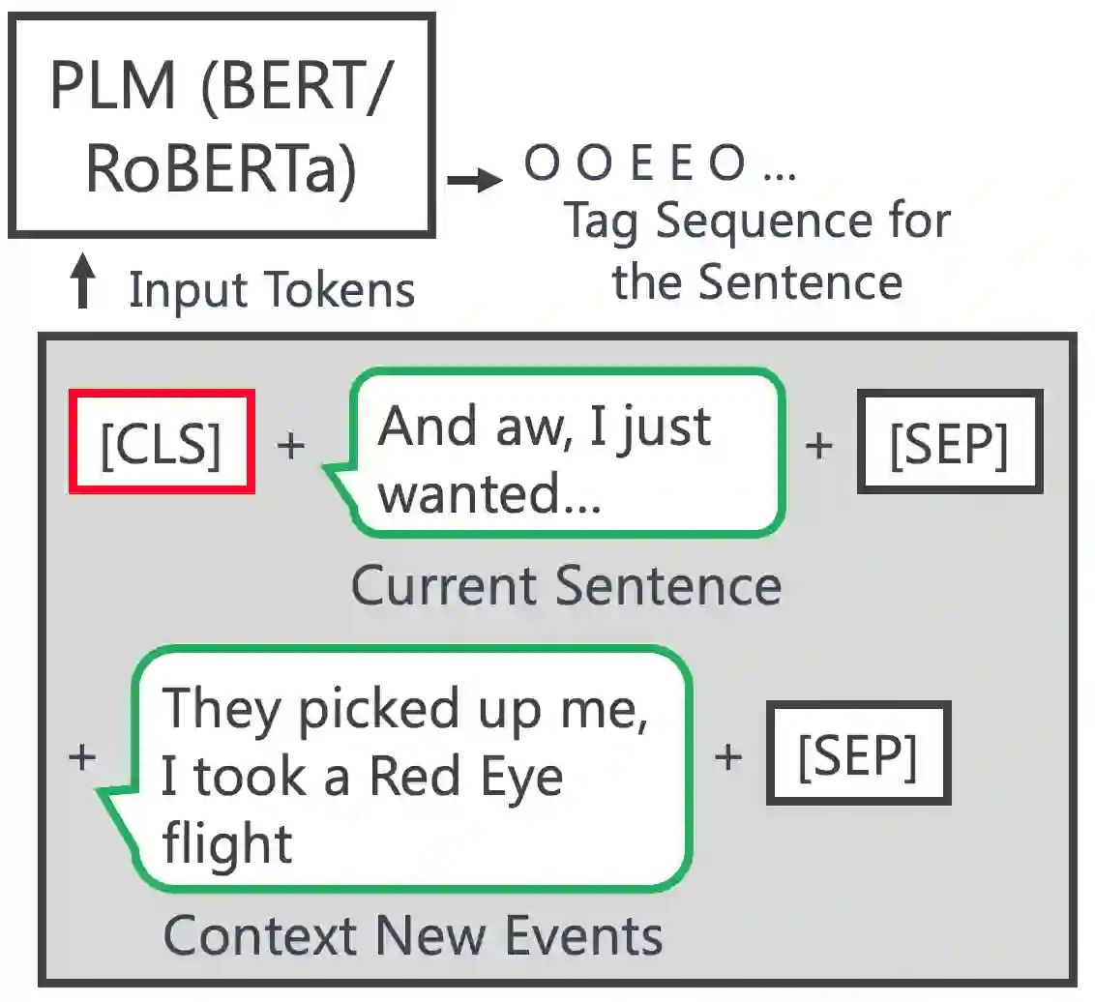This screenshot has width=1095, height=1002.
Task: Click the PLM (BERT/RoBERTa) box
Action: coord(222,125)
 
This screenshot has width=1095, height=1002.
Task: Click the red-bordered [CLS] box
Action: coord(161,442)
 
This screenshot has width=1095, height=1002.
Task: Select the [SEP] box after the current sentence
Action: coord(949,442)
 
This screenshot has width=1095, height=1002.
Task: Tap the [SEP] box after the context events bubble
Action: coord(858,753)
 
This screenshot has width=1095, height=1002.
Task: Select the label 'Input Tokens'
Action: coord(272,289)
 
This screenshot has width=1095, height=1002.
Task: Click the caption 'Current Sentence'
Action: coord(566,585)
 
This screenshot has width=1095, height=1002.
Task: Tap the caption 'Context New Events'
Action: coord(413,934)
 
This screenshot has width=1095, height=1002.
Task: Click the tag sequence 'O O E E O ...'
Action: coord(660,164)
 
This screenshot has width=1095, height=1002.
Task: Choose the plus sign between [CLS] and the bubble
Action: coord(290,445)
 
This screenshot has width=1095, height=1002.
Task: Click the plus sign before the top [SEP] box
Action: coord(818,445)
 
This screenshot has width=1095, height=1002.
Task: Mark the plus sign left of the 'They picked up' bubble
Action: coord(83,756)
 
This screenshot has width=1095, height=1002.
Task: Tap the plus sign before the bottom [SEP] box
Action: coord(727,756)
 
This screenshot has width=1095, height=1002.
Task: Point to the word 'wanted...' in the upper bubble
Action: coord(488,493)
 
